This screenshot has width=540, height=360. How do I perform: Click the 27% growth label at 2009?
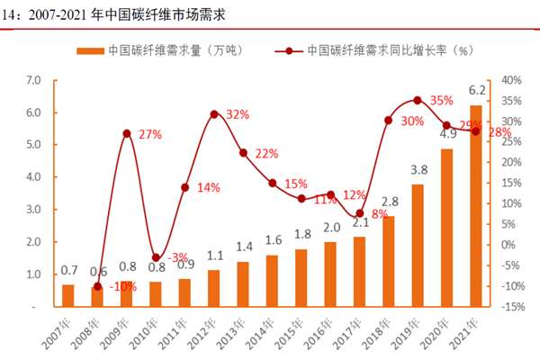tap(149, 135)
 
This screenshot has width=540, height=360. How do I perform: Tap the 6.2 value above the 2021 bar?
tap(477, 91)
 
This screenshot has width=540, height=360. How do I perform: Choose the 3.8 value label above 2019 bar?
tap(418, 169)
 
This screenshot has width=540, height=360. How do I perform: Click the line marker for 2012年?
tap(214, 114)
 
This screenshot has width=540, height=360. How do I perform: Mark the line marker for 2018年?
tap(388, 121)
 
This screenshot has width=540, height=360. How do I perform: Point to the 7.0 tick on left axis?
tap(33, 80)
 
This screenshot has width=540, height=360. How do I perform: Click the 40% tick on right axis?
tap(510, 80)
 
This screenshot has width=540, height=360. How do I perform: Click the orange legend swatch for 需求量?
tap(90, 50)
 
